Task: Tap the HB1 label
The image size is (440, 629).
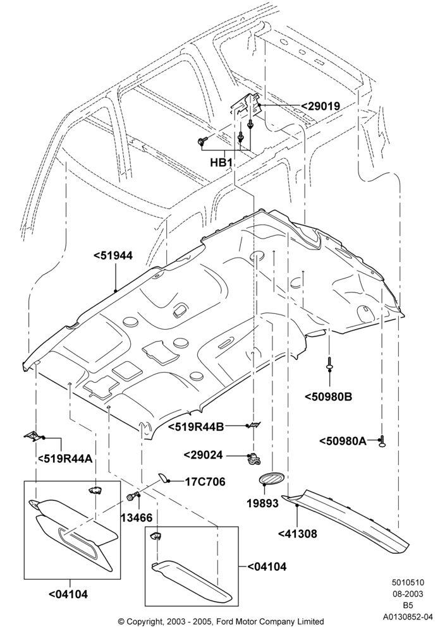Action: coord(222,162)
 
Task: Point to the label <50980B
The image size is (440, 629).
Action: coord(328,397)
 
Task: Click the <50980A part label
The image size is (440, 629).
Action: coord(343,441)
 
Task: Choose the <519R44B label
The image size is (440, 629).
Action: coord(195,426)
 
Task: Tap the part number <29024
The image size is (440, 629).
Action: coord(203,455)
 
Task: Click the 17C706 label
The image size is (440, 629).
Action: coord(205,481)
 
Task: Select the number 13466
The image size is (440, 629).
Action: coord(137,517)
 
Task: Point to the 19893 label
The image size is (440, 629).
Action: coord(263,503)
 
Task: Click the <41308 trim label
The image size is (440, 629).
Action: coord(298,534)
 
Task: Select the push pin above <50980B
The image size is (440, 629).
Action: coord(329,362)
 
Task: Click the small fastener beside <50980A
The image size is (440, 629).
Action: coord(382,440)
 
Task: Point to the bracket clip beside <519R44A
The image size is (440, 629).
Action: coord(33,436)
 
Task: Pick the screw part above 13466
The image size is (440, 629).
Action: coord(133,496)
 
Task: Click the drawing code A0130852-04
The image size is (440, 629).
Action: coord(408,616)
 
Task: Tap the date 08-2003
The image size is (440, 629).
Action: coord(408,594)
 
